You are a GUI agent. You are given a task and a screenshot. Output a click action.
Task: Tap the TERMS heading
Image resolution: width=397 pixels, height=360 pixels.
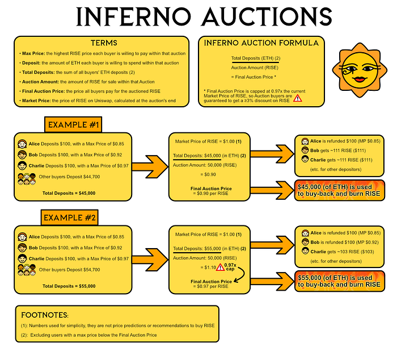pos(104,44)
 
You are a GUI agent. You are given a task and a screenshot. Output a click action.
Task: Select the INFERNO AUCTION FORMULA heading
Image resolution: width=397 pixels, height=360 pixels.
pos(261,43)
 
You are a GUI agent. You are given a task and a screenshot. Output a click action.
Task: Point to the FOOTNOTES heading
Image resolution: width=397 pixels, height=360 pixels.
pos(45,315)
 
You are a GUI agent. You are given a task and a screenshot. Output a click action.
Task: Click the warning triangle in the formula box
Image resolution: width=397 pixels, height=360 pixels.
pos(297,98)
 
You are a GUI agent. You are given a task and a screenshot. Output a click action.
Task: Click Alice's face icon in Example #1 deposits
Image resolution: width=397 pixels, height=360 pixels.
pos(22,144)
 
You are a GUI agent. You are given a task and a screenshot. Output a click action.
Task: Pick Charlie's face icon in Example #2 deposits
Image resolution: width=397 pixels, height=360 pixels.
pos(22,258)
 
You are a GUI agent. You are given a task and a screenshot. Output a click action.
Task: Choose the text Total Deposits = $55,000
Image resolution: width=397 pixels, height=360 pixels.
pos(69,286)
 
